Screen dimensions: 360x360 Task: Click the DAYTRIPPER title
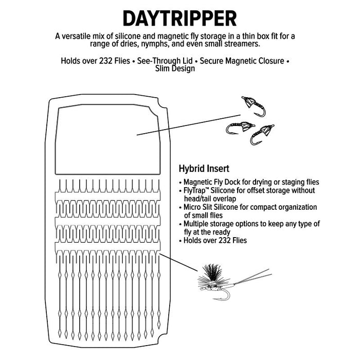coord(179,18)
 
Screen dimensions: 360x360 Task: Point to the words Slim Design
coord(175,68)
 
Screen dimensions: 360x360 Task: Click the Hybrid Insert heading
coord(204,168)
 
